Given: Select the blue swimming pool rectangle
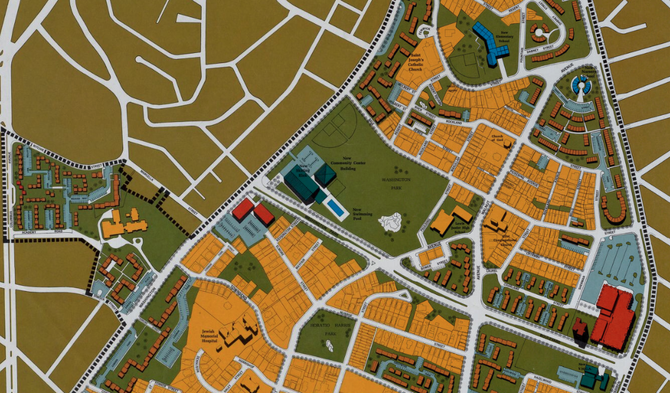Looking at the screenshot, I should tap(336, 208).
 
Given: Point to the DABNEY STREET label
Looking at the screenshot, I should tap(540, 48).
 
